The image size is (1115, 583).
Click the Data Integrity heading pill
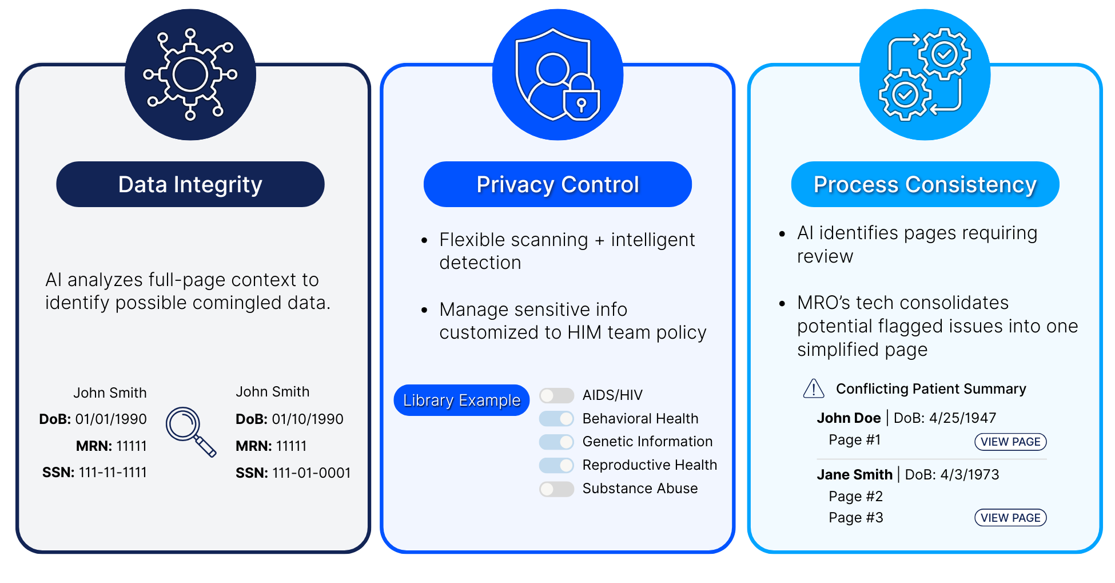[x=190, y=184]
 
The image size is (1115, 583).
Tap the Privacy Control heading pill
[x=557, y=184]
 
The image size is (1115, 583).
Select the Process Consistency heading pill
[x=925, y=184]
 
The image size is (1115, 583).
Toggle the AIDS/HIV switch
[x=556, y=395]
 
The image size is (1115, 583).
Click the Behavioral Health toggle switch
[x=556, y=419]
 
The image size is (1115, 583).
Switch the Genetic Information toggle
[x=556, y=442]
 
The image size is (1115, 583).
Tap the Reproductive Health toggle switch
[x=556, y=465]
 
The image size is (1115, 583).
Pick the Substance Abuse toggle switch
[x=556, y=489]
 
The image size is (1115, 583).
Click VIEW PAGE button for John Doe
[x=1010, y=442]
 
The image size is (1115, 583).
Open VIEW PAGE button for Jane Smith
[x=1010, y=518]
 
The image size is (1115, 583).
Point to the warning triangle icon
[x=813, y=389]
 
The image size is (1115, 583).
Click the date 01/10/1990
[x=308, y=419]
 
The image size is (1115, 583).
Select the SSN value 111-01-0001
[x=311, y=473]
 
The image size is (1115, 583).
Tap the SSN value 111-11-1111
[x=113, y=473]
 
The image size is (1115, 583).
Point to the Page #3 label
[x=855, y=518]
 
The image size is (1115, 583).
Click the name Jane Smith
[x=854, y=475]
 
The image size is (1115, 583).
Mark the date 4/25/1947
[x=962, y=418]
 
